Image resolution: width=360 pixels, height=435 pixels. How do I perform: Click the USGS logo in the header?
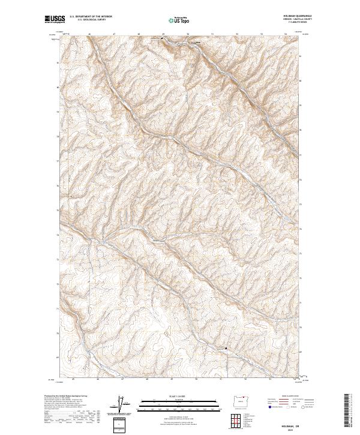point(55,19)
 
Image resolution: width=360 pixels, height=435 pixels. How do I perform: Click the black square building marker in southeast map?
point(226,348)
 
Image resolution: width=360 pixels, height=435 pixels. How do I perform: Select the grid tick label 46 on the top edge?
point(89,34)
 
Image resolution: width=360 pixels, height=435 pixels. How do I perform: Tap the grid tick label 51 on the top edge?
point(213,34)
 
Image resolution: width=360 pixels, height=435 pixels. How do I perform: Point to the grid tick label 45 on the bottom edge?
point(73,379)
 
